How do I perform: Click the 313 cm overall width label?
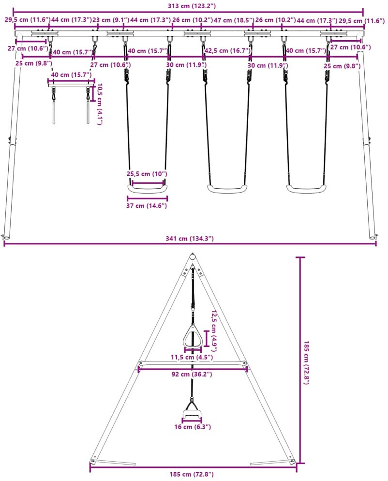click(x=188, y=5)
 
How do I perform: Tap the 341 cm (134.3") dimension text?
click(x=189, y=239)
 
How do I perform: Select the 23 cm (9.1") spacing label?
click(x=111, y=20)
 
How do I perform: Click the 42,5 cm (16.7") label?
click(x=227, y=50)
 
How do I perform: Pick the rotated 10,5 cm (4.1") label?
click(x=99, y=104)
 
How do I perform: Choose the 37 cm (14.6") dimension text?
click(x=147, y=206)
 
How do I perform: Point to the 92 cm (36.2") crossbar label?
click(x=193, y=374)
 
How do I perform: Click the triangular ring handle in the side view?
click(x=193, y=336)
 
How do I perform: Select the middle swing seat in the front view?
click(x=228, y=189)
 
